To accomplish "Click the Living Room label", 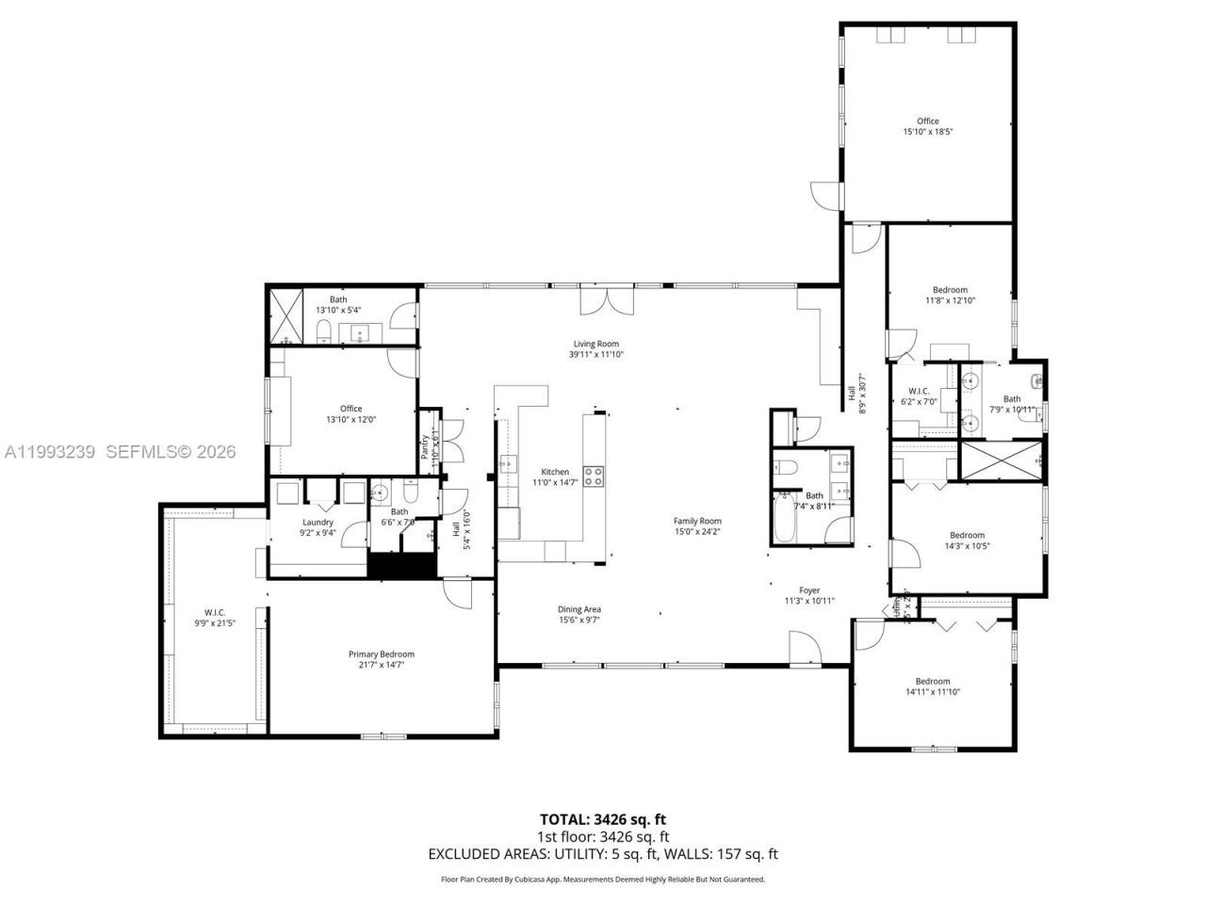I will click(x=595, y=344).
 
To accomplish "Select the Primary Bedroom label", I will click(x=381, y=654).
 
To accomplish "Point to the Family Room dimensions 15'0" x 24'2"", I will click(x=697, y=531).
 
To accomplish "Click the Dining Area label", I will click(x=579, y=609).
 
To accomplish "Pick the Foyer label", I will click(x=809, y=590).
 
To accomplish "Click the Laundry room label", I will click(x=318, y=522).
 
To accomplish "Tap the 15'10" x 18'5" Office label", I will click(x=927, y=121).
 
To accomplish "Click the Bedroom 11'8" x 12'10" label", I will click(x=950, y=290).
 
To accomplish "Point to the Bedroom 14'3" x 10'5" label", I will click(x=967, y=535).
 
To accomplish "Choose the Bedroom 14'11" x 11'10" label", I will click(x=933, y=681).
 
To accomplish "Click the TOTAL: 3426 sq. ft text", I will click(x=602, y=819).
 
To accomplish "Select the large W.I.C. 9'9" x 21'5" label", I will click(x=216, y=612).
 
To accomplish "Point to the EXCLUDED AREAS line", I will click(x=602, y=854).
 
